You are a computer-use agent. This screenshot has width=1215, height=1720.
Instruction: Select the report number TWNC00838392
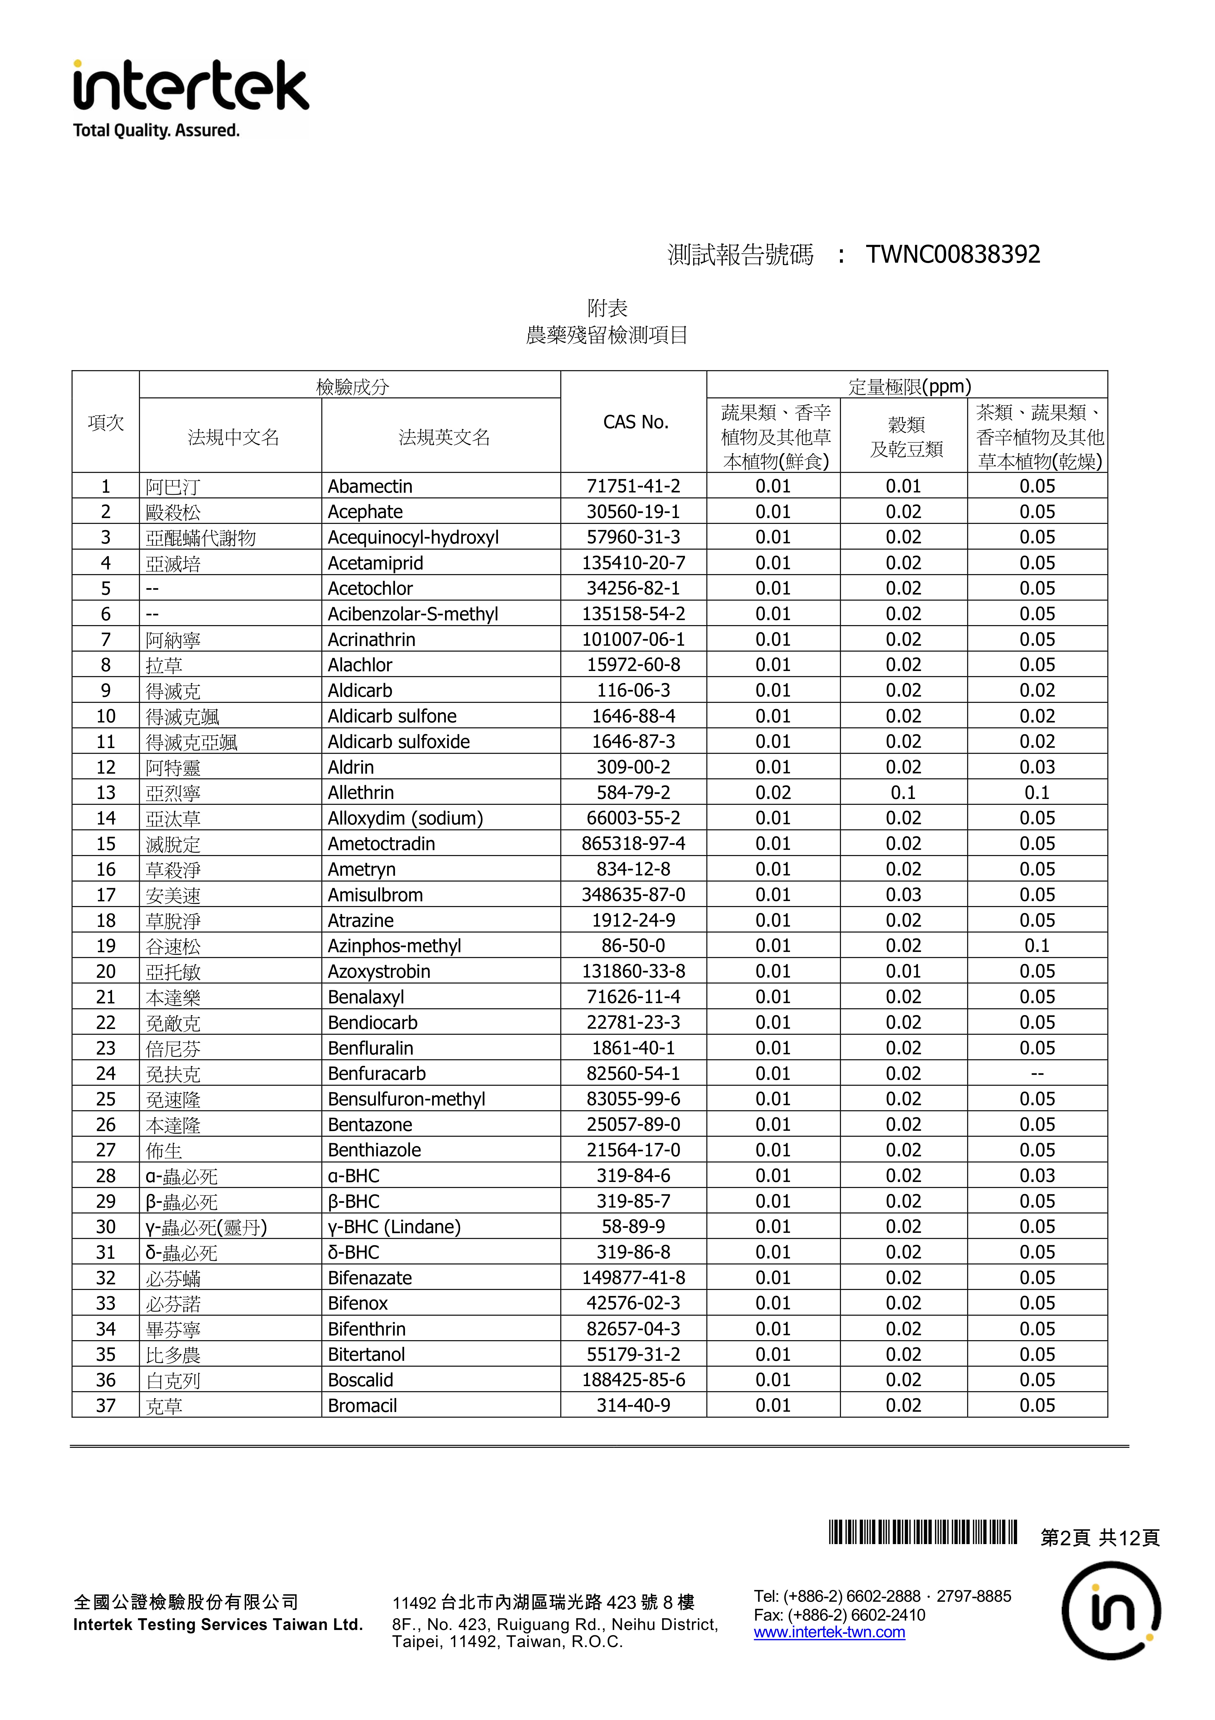click(953, 255)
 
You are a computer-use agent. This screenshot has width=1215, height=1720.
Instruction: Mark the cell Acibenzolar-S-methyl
click(413, 614)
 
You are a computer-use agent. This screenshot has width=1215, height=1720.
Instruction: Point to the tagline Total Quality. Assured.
click(156, 130)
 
